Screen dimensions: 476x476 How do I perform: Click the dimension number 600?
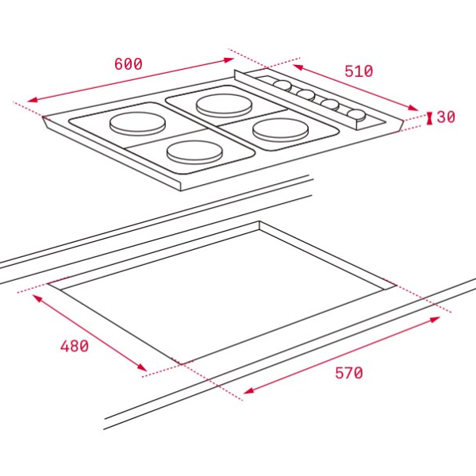click(x=128, y=63)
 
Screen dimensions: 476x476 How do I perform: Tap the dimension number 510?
click(x=359, y=71)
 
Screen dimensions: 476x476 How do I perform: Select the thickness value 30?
click(x=446, y=117)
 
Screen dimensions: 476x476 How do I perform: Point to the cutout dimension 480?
click(x=75, y=346)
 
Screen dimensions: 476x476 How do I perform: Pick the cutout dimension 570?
click(x=349, y=373)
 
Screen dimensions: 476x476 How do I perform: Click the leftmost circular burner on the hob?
click(x=137, y=124)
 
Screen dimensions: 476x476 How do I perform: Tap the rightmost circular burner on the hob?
click(x=281, y=130)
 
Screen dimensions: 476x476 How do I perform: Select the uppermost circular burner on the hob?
click(x=225, y=106)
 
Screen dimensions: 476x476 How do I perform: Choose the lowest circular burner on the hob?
click(x=195, y=152)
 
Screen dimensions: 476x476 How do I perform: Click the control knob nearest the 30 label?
click(x=356, y=115)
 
